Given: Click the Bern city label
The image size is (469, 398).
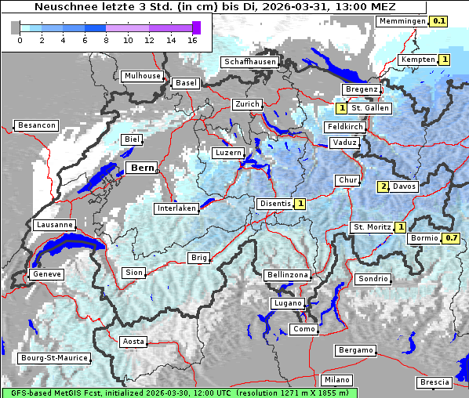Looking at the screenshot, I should point(142,168).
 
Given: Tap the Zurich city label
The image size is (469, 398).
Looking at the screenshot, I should point(247,104).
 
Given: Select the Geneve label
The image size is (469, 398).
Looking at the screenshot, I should point(45,274).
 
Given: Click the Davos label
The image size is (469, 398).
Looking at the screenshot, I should point(405,186).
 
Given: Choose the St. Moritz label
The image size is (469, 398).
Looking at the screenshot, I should point(372,227).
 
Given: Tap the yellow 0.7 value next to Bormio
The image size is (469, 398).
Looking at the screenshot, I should point(451,237).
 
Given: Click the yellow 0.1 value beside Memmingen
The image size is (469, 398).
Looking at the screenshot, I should point(439,21).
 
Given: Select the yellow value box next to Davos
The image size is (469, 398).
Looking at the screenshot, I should point(384,186).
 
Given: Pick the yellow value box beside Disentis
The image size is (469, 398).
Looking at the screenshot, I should point(300,204).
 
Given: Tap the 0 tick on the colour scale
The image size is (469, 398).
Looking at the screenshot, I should point(19,39).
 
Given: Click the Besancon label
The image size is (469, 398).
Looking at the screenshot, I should point(36,125).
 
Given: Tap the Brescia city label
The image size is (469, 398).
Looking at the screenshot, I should point(434,382).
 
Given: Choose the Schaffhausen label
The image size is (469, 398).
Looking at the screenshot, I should point(249,62).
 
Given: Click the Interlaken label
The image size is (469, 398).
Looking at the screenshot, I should point(176,208).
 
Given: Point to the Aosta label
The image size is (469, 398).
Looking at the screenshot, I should point(133,342).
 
